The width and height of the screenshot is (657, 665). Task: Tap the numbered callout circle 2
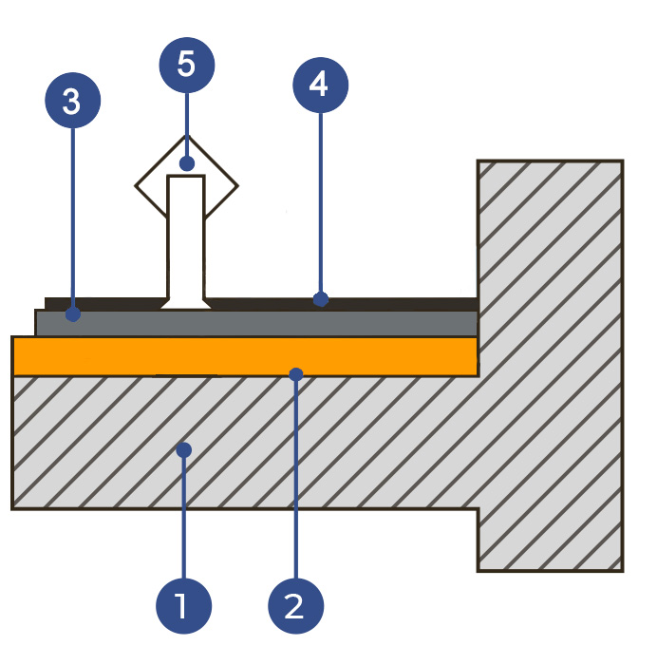click(296, 604)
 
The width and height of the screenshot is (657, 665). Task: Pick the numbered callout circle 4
click(320, 85)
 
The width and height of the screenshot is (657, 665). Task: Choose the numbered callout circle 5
click(186, 65)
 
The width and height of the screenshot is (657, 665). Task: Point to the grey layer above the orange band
click(380, 323)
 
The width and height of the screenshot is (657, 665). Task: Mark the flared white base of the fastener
click(186, 302)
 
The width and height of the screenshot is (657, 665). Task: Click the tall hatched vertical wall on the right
click(551, 361)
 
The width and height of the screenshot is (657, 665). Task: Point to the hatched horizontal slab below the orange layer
click(285, 446)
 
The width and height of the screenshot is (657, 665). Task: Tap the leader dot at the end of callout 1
click(185, 448)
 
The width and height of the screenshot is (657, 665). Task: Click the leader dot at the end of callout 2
click(296, 374)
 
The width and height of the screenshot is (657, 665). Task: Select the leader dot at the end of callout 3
click(74, 313)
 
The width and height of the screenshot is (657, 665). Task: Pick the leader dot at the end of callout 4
click(321, 299)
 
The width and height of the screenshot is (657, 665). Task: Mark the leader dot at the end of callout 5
click(187, 163)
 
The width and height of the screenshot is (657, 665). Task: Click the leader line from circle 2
click(296, 475)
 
